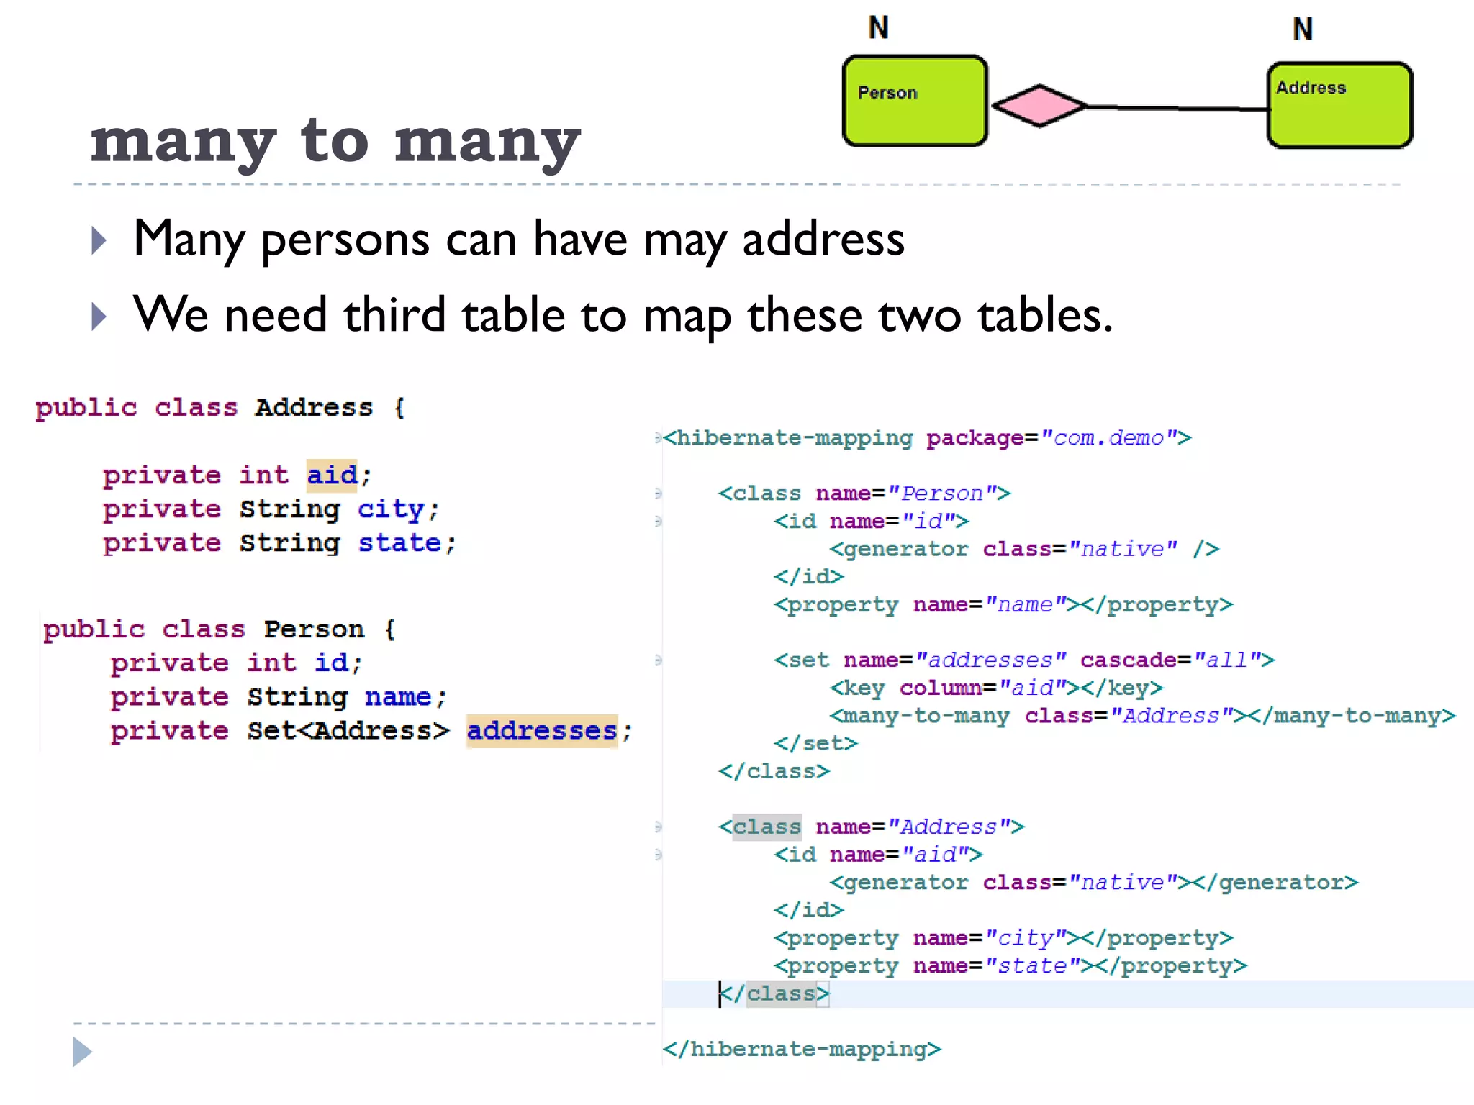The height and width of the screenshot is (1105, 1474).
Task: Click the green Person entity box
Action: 914,101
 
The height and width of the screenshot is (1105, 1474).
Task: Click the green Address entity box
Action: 1339,106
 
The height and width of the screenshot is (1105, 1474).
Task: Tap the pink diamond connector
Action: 1039,106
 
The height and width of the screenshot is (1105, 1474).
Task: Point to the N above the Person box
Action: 879,28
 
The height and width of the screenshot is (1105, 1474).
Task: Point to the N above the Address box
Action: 1303,29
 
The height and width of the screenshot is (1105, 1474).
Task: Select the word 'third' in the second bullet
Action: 394,315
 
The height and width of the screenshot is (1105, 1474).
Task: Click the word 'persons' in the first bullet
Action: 345,239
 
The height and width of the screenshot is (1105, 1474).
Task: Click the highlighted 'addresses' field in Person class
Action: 542,731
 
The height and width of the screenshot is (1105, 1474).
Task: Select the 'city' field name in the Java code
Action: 391,509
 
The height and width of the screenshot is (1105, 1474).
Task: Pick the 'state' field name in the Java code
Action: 399,543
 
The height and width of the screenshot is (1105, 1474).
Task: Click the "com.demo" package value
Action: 1108,438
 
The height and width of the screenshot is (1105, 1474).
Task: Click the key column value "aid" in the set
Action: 1033,688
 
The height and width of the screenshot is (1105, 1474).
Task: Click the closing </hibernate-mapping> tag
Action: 802,1049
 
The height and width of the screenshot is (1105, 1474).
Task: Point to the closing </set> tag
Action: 815,743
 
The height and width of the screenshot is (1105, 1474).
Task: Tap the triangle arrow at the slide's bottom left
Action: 82,1052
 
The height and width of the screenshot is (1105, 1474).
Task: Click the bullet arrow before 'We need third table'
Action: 99,317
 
